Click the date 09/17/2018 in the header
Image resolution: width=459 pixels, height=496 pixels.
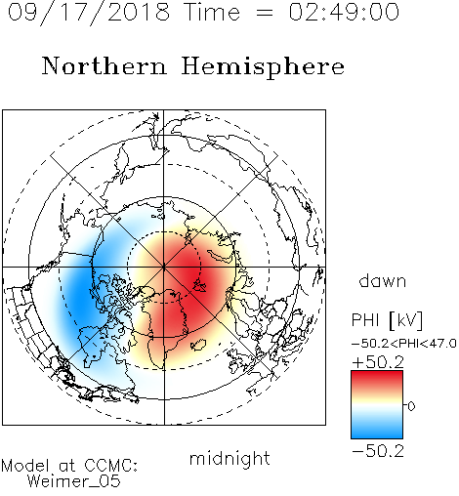point(89,13)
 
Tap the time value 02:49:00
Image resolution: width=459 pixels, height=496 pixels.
point(344,12)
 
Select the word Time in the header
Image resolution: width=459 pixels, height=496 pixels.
point(212,12)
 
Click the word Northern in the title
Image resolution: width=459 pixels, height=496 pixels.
point(104,65)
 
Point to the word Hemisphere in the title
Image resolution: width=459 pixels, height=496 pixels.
point(263,67)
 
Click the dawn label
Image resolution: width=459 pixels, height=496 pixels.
point(383,280)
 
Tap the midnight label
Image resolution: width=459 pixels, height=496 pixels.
point(229,458)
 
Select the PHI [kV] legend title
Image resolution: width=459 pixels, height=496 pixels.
point(387,320)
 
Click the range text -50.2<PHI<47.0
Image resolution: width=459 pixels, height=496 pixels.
point(404,343)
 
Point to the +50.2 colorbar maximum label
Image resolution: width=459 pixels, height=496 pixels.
point(378,362)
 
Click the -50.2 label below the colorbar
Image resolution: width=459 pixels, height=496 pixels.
point(378,451)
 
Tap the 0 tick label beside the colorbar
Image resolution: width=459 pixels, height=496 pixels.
point(411,406)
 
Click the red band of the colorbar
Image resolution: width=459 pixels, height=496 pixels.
point(377,379)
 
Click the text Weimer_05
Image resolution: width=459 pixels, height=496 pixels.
point(74,481)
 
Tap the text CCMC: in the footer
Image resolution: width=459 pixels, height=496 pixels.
point(110,466)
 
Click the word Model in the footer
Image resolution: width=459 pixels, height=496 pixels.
point(25,466)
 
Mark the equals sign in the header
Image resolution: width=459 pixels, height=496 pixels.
point(264,13)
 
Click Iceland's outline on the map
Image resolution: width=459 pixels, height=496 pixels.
point(198,345)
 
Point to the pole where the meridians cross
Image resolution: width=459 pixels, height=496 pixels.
point(164,268)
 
